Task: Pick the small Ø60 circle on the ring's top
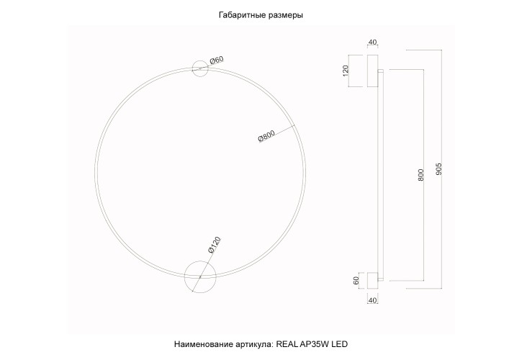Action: click(200, 68)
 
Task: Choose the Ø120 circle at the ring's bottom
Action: click(199, 276)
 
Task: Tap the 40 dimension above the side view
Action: click(372, 43)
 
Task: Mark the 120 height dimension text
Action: click(346, 71)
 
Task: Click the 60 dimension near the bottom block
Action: click(356, 279)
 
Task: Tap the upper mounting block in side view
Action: click(373, 71)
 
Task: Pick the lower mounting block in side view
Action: click(372, 279)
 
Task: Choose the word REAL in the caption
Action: click(287, 345)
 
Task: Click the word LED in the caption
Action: click(341, 345)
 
